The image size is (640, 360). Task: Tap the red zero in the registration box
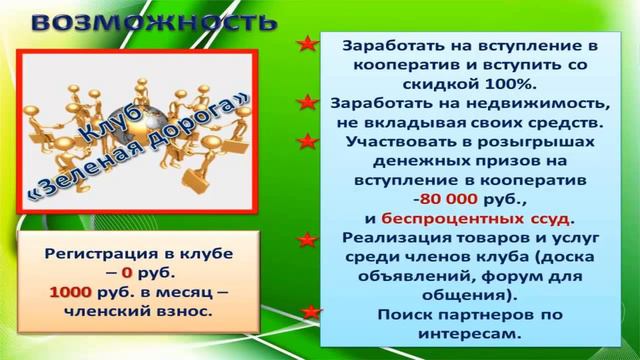click(127, 272)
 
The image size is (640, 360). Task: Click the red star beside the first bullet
click(309, 45)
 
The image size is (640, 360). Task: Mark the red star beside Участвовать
click(309, 141)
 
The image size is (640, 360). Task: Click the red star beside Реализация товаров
click(309, 238)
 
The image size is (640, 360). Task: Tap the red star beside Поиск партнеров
click(313, 312)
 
